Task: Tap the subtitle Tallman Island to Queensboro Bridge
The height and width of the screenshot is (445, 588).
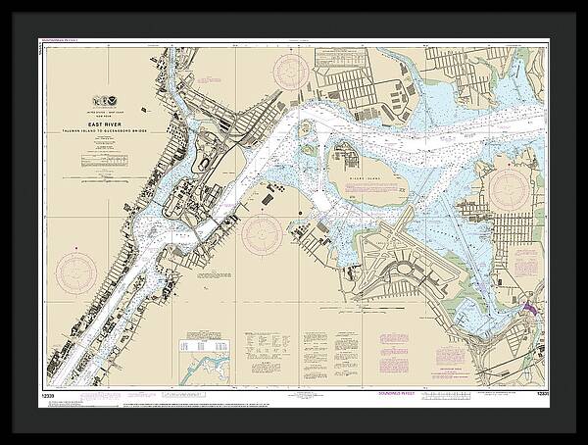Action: coord(113,131)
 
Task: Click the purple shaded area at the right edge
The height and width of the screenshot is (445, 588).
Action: coord(530,308)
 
